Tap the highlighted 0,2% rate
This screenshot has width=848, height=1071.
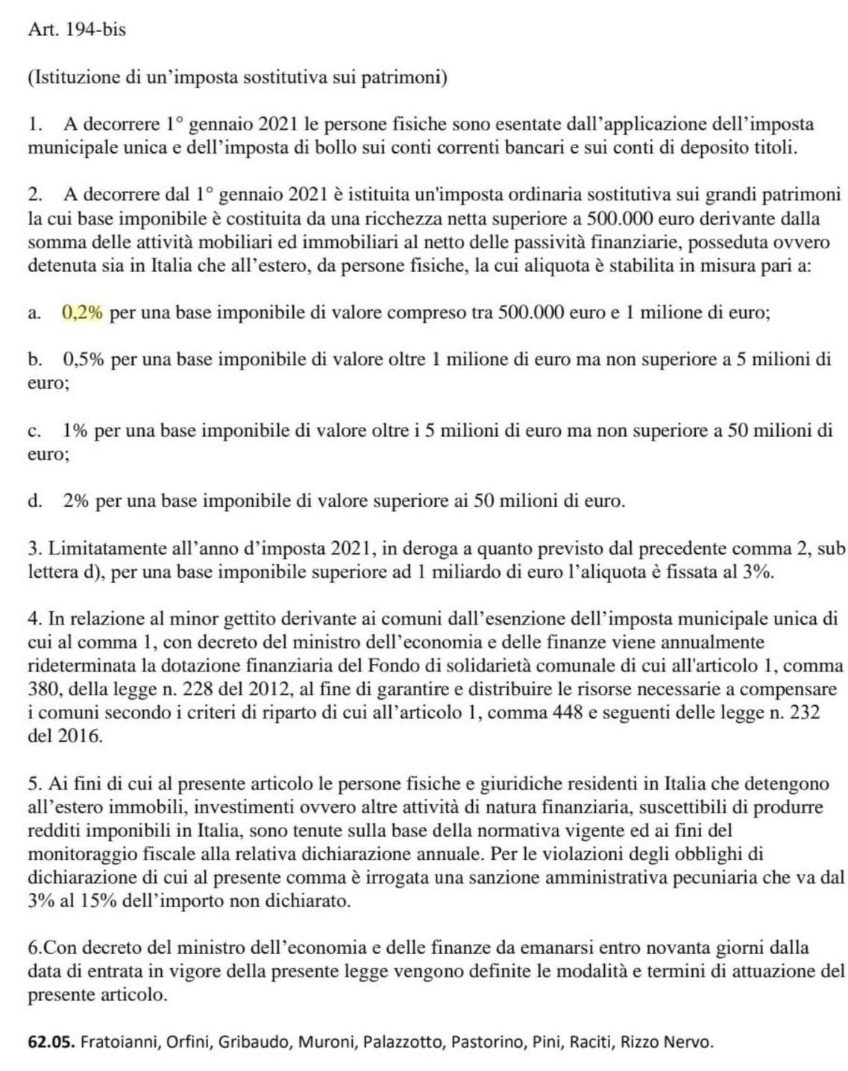[x=82, y=313]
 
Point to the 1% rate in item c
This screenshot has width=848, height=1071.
[x=76, y=430]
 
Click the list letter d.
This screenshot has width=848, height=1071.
[x=34, y=501]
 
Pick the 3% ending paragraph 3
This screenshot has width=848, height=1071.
[x=759, y=572]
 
